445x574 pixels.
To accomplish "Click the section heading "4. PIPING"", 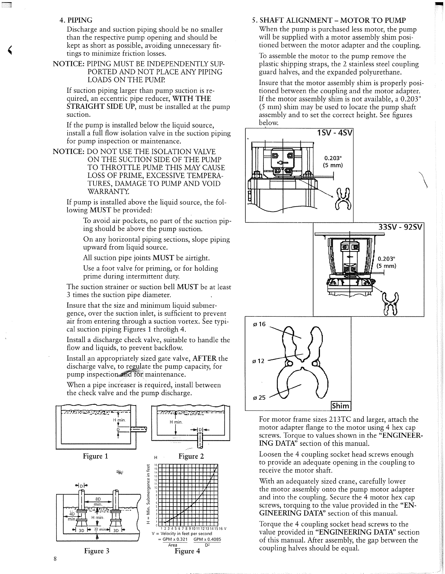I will click(x=76, y=20).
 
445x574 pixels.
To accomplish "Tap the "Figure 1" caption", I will click(x=96, y=456).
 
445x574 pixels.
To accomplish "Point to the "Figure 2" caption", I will click(x=191, y=456).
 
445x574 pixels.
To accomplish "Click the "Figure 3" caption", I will click(x=96, y=551).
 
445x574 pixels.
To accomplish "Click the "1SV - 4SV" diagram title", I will click(x=334, y=133).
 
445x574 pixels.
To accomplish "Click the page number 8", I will click(x=54, y=558).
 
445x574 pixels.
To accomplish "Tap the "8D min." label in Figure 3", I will click(x=97, y=501).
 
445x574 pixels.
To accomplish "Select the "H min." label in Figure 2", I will click(x=176, y=422).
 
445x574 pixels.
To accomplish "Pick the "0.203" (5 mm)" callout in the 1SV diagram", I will click(x=333, y=162).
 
